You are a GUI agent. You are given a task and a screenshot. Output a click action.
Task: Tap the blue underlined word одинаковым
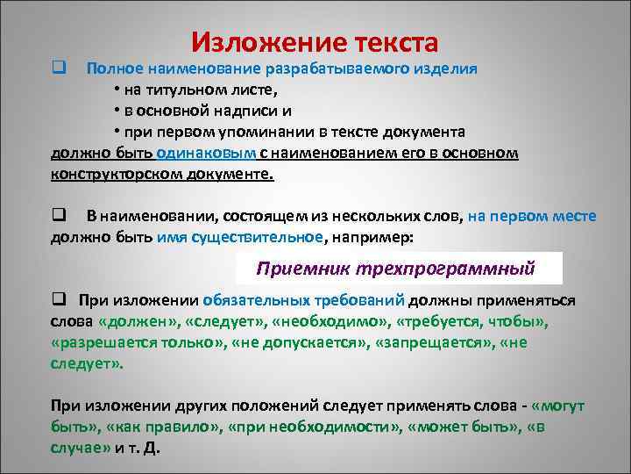(208, 154)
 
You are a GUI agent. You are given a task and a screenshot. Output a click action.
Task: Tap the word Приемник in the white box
(294, 267)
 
